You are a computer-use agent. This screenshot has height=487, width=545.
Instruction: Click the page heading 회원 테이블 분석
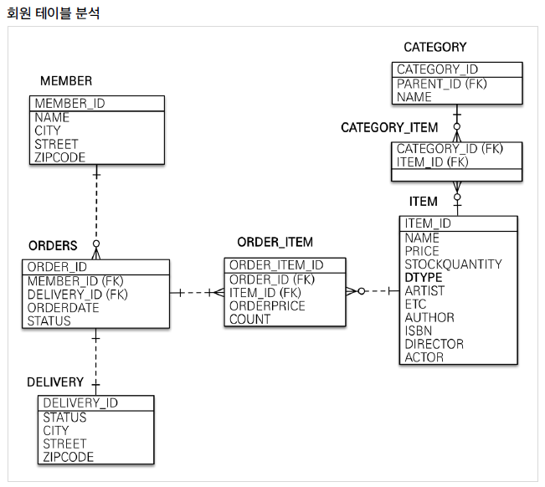pos(53,13)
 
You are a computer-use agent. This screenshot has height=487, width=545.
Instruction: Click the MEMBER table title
pos(66,80)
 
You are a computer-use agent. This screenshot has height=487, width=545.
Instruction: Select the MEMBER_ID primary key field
pos(69,104)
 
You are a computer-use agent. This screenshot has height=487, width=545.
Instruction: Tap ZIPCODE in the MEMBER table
pos(59,156)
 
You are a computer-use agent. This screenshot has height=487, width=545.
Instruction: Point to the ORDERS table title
pos(53,246)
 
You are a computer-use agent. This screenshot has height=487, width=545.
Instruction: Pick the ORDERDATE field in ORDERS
pos(63,307)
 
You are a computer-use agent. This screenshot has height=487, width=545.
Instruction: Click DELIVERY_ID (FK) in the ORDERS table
pos(77,294)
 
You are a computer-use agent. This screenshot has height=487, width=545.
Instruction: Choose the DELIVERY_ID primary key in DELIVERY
pos(80,402)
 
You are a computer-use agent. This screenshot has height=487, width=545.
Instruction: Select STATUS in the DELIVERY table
pos(64,417)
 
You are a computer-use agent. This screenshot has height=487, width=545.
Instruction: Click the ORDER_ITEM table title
pos(275,242)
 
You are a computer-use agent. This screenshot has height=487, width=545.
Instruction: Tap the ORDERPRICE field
pos(267,305)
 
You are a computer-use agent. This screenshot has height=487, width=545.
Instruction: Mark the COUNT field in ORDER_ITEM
pos(249,319)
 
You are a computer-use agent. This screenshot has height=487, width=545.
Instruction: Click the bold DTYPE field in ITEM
pos(424,277)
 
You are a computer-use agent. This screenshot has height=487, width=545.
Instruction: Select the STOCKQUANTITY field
pos(453,264)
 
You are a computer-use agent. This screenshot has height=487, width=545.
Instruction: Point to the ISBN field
pos(418,331)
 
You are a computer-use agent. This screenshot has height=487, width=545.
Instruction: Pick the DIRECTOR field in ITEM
pos(434,344)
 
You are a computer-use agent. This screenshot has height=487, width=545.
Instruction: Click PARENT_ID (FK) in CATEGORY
pos(441,84)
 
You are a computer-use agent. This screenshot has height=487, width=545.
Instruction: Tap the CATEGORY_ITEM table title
pos(389,127)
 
